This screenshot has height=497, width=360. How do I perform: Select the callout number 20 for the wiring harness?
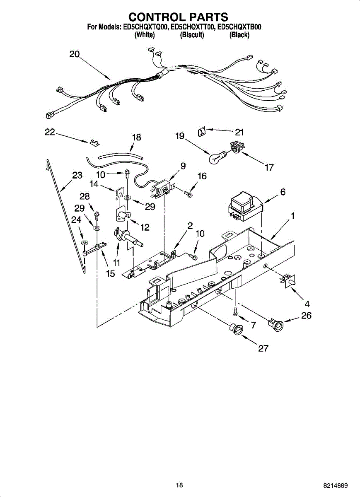pos(75,54)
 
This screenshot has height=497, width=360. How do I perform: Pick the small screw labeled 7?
pos(235,310)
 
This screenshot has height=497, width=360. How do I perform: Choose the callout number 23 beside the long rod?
pos(77,175)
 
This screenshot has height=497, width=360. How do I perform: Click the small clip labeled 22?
pos(94,143)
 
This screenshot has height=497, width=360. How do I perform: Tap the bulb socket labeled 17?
pos(235,148)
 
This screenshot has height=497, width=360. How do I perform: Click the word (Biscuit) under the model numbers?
pos(192,35)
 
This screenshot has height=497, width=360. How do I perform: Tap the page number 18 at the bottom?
pos(179,485)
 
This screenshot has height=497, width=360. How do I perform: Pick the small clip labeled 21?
pos(202,132)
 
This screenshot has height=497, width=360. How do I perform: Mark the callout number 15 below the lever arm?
pos(111,274)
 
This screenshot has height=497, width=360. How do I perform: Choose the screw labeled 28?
pos(97,214)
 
